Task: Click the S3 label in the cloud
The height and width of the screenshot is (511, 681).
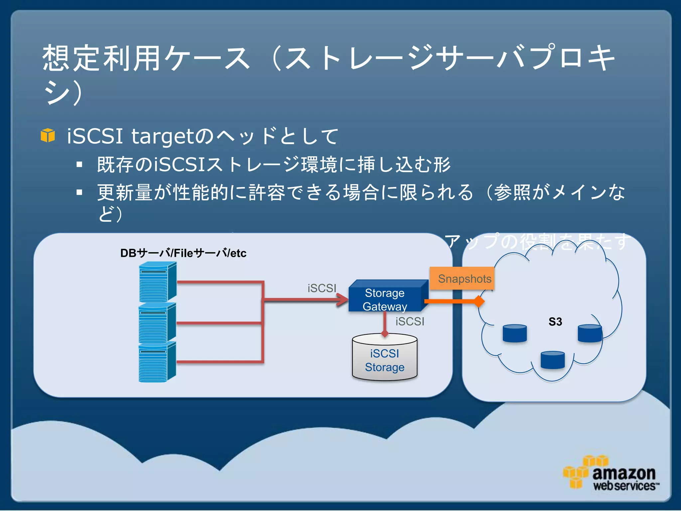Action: [x=555, y=322]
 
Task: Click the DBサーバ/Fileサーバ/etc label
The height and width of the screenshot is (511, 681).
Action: [x=183, y=253]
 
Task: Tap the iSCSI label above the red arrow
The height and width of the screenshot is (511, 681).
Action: [x=322, y=288]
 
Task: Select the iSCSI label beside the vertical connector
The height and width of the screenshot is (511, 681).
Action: [x=410, y=321]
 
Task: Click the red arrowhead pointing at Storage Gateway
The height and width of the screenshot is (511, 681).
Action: [x=342, y=299]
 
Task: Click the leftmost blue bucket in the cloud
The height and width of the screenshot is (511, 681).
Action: [x=515, y=333]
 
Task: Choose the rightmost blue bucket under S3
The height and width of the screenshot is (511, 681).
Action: [x=590, y=333]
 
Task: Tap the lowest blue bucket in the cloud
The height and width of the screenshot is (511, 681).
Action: [x=552, y=360]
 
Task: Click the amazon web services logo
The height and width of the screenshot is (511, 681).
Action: [x=611, y=474]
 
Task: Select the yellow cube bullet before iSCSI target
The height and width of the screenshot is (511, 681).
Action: [x=48, y=135]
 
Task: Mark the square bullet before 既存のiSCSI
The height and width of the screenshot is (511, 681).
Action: [x=79, y=164]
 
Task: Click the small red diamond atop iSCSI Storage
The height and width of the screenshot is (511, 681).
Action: [x=385, y=333]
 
